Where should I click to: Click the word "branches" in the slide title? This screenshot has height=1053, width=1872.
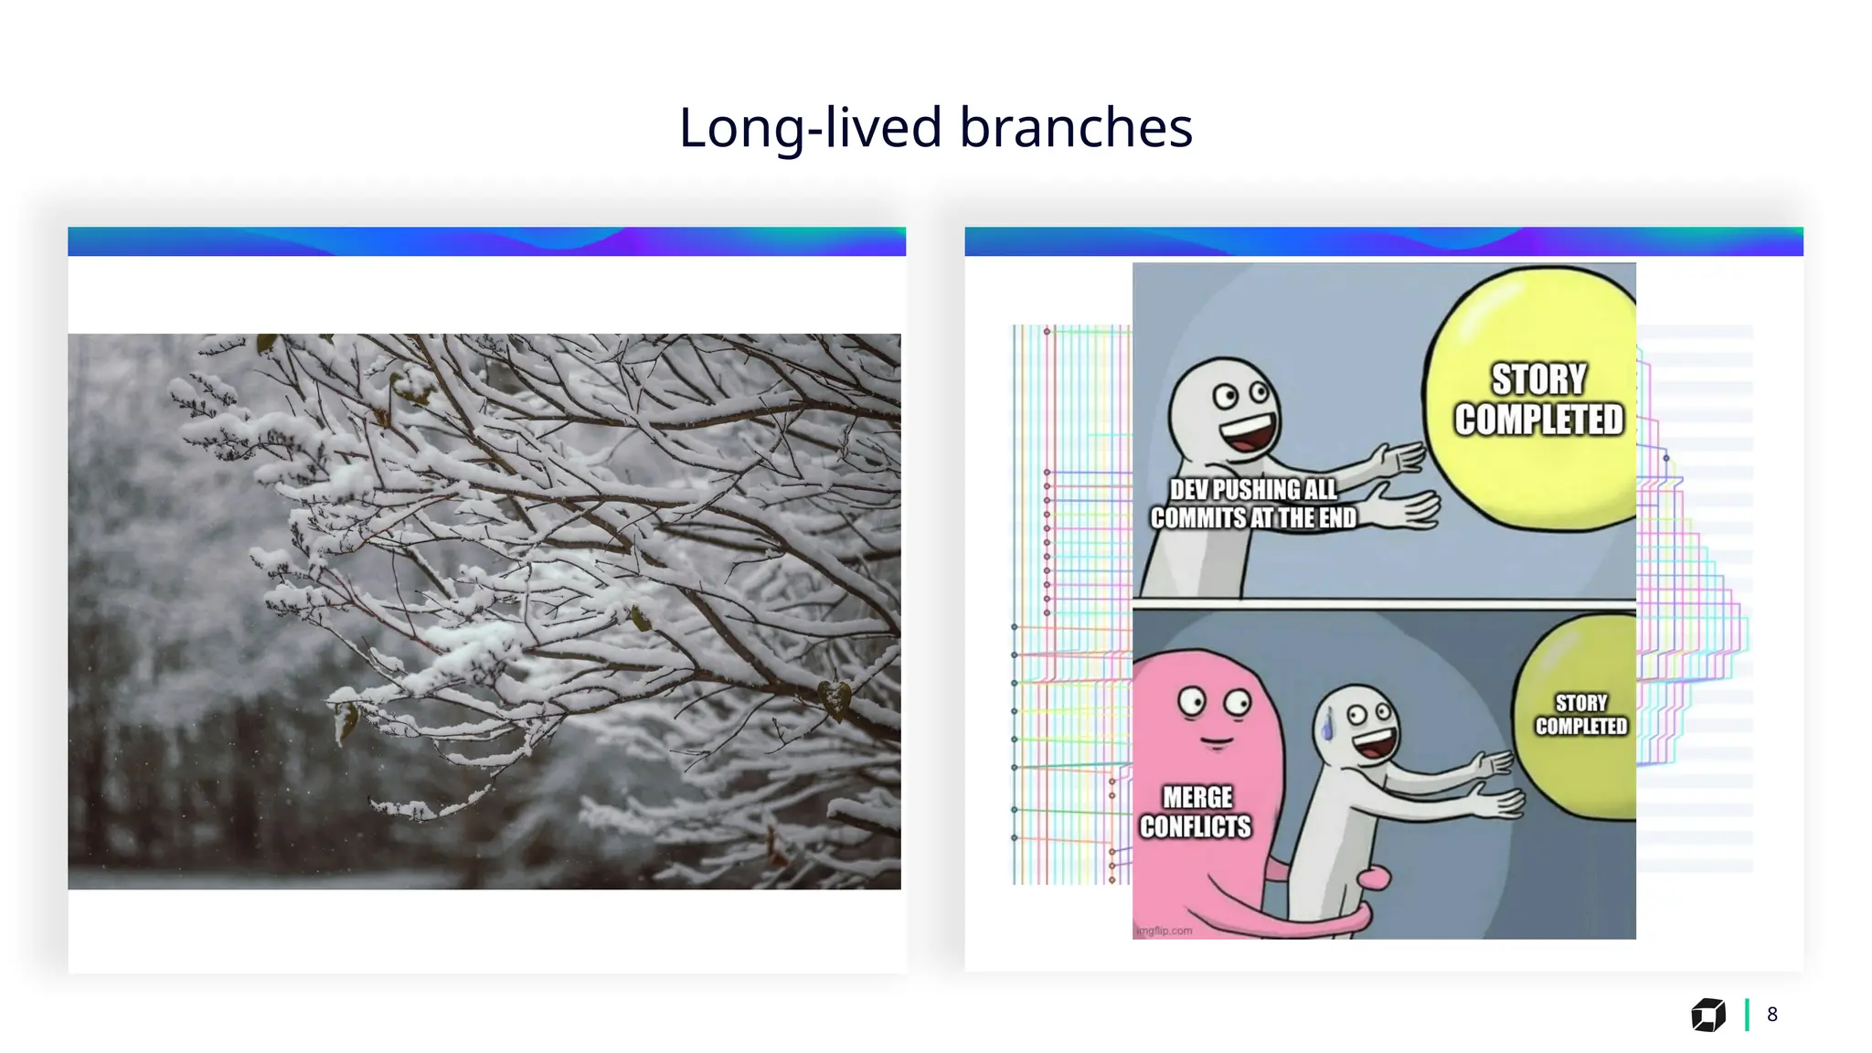(x=1076, y=127)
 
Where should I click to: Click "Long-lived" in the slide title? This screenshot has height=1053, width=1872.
(x=810, y=127)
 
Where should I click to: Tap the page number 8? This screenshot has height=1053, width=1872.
(x=1771, y=1015)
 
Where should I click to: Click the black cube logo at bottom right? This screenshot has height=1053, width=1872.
(x=1707, y=1015)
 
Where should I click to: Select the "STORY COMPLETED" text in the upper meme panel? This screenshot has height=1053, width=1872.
(x=1539, y=399)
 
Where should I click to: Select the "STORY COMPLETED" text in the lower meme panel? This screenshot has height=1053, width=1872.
(x=1580, y=715)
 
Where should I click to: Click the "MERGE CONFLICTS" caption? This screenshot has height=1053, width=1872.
(x=1196, y=812)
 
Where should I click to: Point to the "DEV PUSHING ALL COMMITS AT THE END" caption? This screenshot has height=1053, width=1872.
(x=1253, y=504)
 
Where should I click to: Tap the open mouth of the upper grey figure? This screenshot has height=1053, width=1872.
(x=1250, y=433)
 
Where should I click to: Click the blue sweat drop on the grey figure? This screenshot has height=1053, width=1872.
(x=1327, y=727)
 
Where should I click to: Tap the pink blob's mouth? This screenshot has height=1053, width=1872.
(x=1215, y=740)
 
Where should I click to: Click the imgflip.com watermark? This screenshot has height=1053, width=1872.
(x=1165, y=931)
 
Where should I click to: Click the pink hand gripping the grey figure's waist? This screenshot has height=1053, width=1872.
(x=1372, y=878)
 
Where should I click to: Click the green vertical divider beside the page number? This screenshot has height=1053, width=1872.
(x=1747, y=1015)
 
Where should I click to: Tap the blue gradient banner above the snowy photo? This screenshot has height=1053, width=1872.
(x=486, y=241)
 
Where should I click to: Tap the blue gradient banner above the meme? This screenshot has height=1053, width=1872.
(x=1384, y=241)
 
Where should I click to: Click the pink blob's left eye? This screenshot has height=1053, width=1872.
(x=1191, y=702)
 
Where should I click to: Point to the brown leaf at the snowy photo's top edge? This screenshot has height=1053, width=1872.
(x=266, y=343)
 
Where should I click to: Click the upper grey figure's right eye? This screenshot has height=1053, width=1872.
(x=1260, y=393)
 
